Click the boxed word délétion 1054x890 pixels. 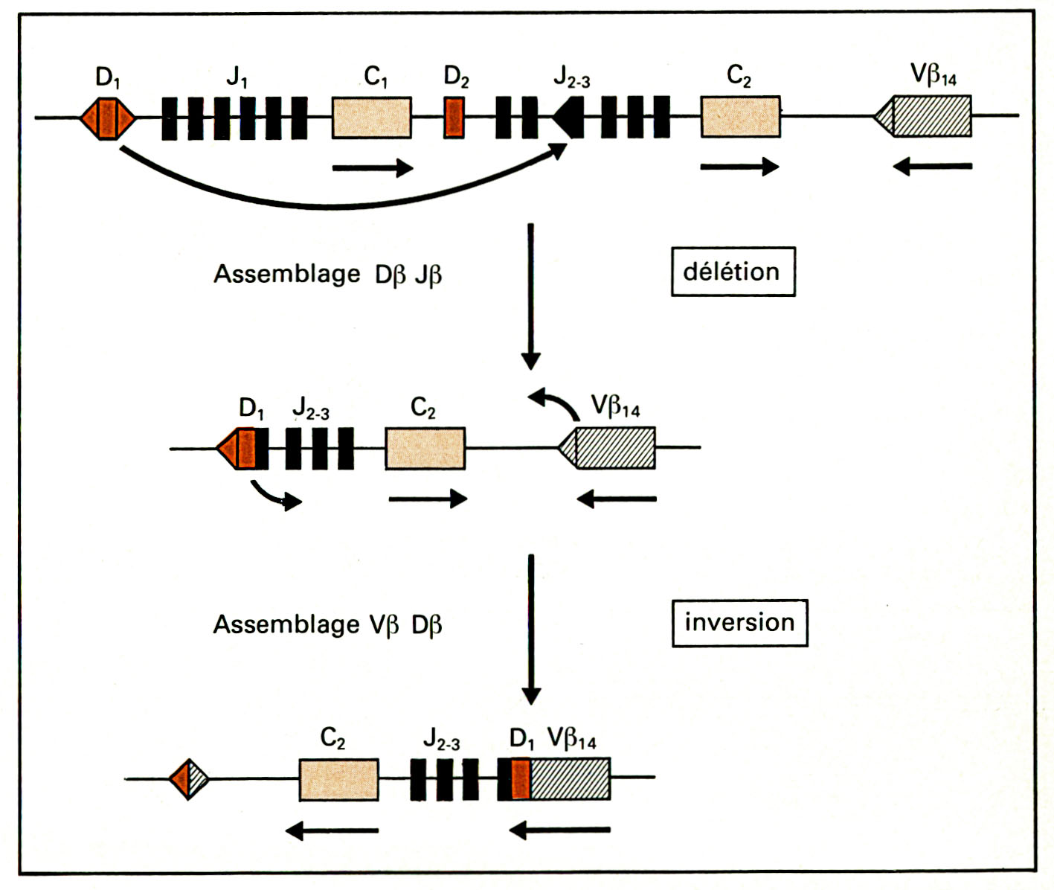tap(733, 272)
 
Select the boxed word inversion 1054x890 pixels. tap(739, 622)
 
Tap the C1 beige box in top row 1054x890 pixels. tap(372, 118)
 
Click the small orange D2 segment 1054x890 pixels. tap(454, 118)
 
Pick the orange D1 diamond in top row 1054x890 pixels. tap(109, 118)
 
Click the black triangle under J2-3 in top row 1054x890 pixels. tap(569, 118)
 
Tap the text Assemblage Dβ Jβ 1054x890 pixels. tap(327, 275)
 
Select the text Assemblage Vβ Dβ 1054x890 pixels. tap(327, 624)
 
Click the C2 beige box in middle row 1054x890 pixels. tap(425, 448)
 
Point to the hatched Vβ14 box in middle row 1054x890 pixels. tap(614, 448)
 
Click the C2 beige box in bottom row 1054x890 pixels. tap(338, 779)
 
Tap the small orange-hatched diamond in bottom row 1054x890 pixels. tap(189, 779)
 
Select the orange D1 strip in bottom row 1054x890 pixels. tap(521, 779)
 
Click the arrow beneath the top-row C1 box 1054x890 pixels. tap(372, 167)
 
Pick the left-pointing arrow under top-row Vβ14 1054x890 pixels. tap(932, 167)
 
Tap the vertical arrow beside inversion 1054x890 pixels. tap(530, 629)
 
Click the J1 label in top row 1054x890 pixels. tap(237, 77)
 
